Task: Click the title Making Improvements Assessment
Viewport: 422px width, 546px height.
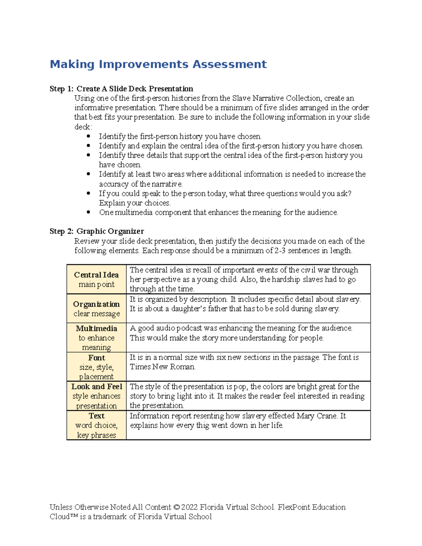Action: [158, 64]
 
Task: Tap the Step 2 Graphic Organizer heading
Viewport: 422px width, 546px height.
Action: [97, 231]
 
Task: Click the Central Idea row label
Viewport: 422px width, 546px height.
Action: [96, 279]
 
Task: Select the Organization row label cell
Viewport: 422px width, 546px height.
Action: [96, 308]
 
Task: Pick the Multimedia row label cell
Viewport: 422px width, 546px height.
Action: [96, 338]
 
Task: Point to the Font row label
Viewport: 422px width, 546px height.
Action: [96, 367]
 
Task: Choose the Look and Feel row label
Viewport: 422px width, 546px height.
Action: [96, 396]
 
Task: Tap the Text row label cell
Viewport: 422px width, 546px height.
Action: [96, 425]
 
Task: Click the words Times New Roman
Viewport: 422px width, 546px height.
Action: [162, 367]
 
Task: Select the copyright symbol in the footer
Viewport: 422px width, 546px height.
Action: [176, 507]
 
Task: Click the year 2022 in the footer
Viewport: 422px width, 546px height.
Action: [190, 507]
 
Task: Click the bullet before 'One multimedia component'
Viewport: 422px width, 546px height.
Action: [88, 212]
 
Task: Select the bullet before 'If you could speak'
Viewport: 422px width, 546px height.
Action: [88, 193]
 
